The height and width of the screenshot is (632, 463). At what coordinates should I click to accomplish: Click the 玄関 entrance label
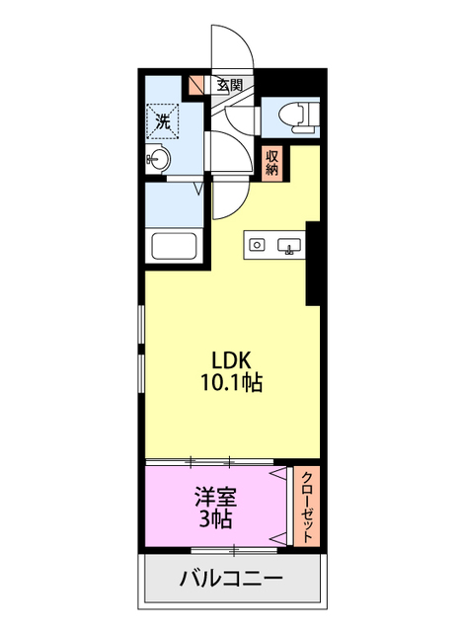pyautogui.click(x=229, y=85)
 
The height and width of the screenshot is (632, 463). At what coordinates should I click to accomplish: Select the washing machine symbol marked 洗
pyautogui.click(x=163, y=122)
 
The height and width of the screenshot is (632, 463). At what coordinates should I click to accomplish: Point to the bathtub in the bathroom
pyautogui.click(x=174, y=246)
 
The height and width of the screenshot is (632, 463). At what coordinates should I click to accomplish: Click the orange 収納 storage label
pyautogui.click(x=272, y=162)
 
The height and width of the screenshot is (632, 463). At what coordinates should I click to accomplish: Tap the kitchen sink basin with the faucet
pyautogui.click(x=290, y=245)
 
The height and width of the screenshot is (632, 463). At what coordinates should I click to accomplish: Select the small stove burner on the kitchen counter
pyautogui.click(x=258, y=244)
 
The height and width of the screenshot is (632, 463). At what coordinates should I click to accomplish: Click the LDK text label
pyautogui.click(x=232, y=360)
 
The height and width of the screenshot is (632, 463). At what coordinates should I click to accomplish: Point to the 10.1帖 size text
pyautogui.click(x=232, y=383)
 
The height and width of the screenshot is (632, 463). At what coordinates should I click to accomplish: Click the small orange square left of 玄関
pyautogui.click(x=195, y=86)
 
